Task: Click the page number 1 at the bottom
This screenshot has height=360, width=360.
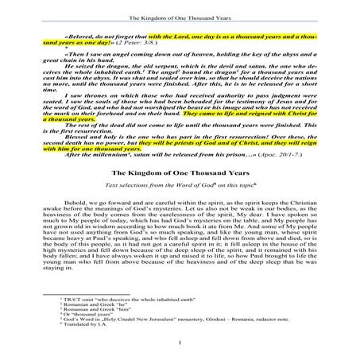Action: pyautogui.click(x=180, y=343)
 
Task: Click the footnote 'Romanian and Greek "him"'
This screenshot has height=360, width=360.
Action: pyautogui.click(x=111, y=307)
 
